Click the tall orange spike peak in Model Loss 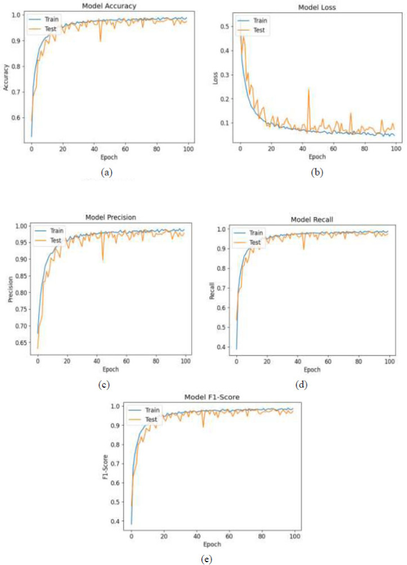(x=308, y=89)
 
